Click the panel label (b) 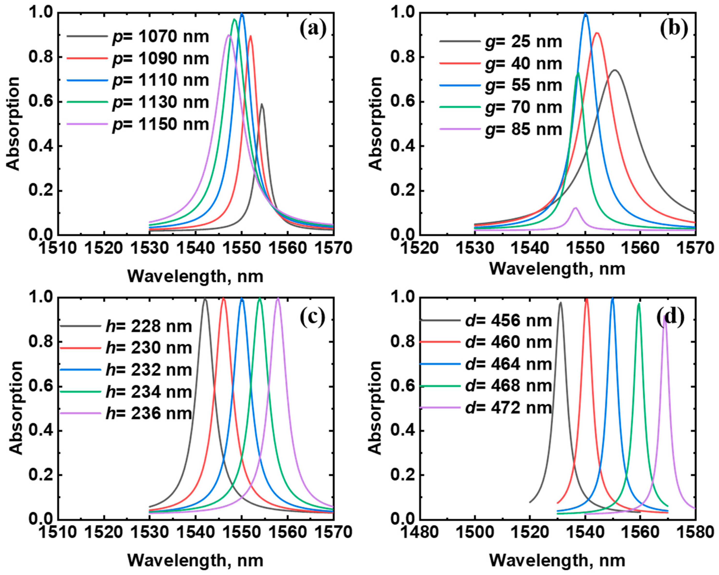coord(674,29)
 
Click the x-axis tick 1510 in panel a coord(58,248)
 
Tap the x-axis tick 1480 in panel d coord(420,533)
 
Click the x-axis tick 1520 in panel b coord(420,248)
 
